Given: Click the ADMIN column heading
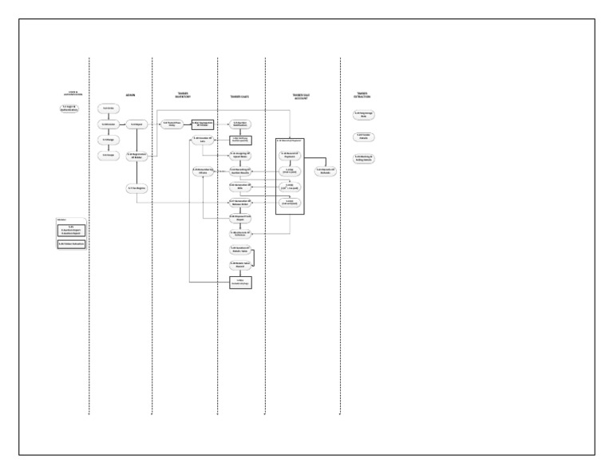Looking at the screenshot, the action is (x=131, y=95).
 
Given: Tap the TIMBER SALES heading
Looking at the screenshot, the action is (x=240, y=97).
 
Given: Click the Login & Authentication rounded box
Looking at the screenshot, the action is (x=69, y=108).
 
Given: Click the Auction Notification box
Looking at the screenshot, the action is (x=241, y=124).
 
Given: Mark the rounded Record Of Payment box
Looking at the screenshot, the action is (x=290, y=156).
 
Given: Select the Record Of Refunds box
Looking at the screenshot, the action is (x=324, y=171).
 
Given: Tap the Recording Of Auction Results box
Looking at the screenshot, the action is (x=241, y=171).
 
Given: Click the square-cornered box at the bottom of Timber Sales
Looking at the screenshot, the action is (x=241, y=281).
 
